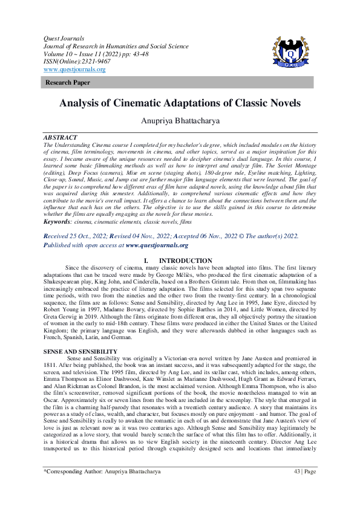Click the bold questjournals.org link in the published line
click(x=157, y=245)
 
